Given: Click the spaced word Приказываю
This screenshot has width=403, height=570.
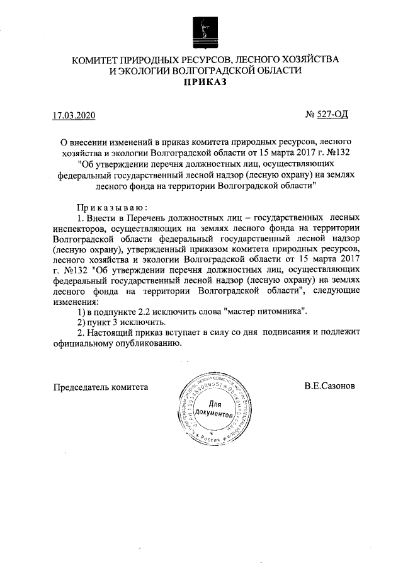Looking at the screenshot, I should [111, 207].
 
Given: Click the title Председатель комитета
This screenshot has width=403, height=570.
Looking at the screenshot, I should [101, 386].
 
